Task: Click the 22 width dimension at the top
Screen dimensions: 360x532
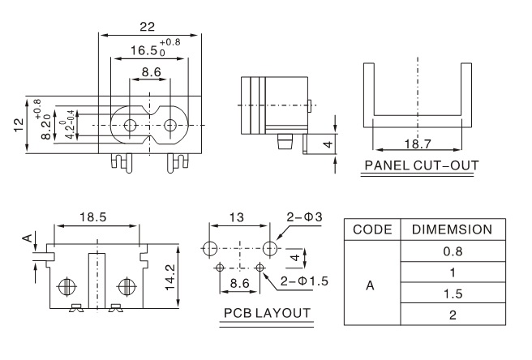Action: [x=147, y=27]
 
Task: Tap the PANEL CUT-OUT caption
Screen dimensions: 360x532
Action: [x=421, y=166]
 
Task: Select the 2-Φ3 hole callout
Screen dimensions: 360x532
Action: [x=305, y=216]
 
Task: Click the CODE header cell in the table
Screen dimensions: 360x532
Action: [x=372, y=230]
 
